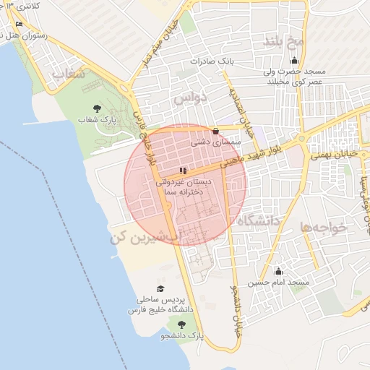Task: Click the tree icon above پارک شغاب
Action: click(97, 108)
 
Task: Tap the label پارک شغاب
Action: click(97, 119)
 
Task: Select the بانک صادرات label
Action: click(213, 61)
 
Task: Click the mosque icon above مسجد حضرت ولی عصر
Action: click(293, 61)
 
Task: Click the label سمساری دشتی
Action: click(215, 142)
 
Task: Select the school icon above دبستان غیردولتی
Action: click(183, 171)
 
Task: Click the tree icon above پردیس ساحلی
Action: click(158, 288)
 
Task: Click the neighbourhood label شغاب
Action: click(68, 74)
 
